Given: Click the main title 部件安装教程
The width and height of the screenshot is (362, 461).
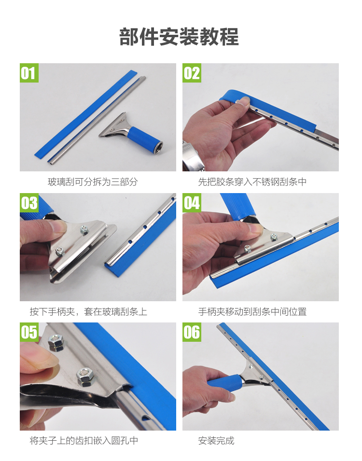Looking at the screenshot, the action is [x=179, y=37].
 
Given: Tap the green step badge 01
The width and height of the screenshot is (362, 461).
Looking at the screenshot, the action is [x=29, y=73].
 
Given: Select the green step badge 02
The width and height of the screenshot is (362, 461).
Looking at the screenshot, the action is [x=192, y=73].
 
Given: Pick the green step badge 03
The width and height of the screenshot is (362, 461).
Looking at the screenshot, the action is [x=29, y=203].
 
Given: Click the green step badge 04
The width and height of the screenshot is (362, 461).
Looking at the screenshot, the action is [x=192, y=203].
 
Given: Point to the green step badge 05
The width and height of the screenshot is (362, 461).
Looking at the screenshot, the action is [x=29, y=332].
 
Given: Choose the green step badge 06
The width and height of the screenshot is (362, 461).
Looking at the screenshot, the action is [x=192, y=332].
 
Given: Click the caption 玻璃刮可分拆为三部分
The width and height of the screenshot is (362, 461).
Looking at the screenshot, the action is [x=93, y=182].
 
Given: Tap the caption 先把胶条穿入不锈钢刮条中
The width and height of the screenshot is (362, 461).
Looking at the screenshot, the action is [x=252, y=182].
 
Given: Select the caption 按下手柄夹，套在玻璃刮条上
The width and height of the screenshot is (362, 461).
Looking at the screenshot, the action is [x=88, y=311].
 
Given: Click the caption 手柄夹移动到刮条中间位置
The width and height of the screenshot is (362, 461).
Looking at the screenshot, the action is [x=252, y=311].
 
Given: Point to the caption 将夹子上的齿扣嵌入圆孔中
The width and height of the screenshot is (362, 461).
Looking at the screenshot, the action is [x=84, y=440].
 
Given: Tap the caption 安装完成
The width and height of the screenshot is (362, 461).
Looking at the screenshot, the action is [x=216, y=440].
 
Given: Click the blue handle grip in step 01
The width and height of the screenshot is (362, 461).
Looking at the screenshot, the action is [x=144, y=139].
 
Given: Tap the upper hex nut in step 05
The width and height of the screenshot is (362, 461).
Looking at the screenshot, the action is [x=56, y=343].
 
